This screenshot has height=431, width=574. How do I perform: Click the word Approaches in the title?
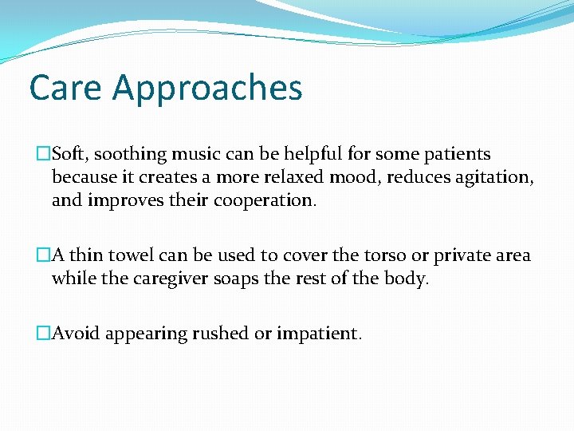coord(207,89)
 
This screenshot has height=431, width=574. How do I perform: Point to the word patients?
coord(458,153)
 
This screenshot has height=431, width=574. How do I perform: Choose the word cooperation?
coord(265,200)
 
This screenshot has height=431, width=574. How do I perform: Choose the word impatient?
coord(319,333)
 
